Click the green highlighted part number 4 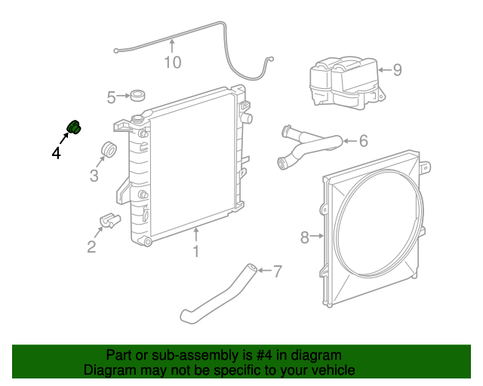75,127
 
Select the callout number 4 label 57,153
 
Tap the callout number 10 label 173,62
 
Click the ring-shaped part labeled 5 138,96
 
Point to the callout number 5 112,96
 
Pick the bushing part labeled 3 108,149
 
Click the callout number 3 94,176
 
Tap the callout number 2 91,247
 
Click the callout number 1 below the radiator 195,251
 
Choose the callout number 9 397,70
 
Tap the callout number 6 363,140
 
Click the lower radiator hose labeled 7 215,292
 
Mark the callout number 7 277,271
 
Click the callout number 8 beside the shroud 305,237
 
